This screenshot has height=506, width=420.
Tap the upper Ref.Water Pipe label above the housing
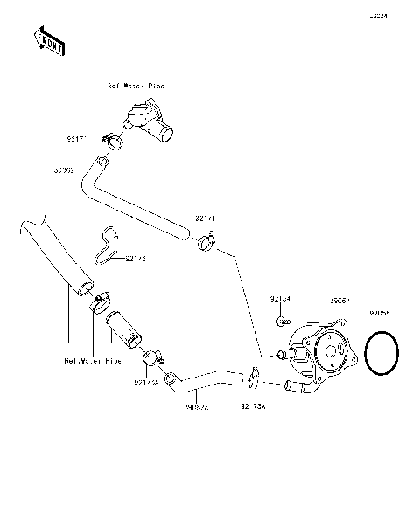(136, 87)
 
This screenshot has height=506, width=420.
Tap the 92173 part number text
(136, 259)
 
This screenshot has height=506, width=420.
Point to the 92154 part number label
(279, 299)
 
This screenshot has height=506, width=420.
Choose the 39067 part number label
(339, 300)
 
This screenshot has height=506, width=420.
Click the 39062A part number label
(197, 406)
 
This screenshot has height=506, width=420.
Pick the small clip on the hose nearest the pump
(254, 378)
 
